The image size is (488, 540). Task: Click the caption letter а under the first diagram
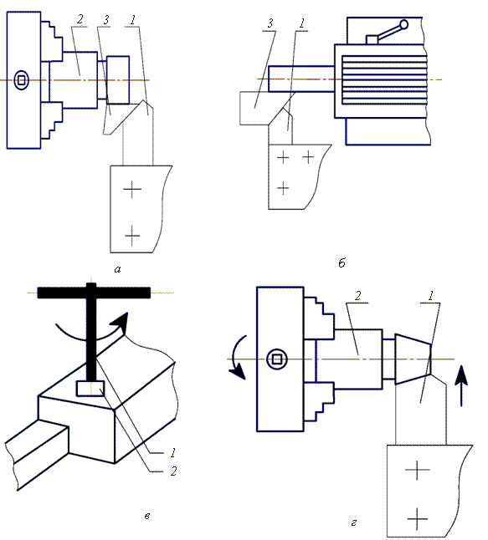click(x=117, y=269)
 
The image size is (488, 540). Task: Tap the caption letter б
click(x=342, y=263)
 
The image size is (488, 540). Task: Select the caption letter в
click(x=147, y=516)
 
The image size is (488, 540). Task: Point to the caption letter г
click(x=353, y=522)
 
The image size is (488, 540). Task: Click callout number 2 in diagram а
click(x=80, y=19)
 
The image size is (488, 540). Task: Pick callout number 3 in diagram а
click(x=106, y=20)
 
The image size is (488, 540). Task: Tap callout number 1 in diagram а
click(x=133, y=20)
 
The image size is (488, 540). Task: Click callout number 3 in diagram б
click(x=270, y=23)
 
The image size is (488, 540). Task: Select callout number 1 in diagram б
click(x=302, y=23)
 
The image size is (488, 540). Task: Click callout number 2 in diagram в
click(x=173, y=471)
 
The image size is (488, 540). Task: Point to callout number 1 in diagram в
click(x=173, y=453)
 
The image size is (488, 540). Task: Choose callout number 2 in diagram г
click(x=357, y=295)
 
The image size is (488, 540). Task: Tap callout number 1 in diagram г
click(x=430, y=295)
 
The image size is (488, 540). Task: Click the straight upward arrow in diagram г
click(x=461, y=385)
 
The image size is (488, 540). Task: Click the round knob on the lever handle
click(x=403, y=25)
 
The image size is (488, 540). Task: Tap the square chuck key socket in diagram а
click(x=22, y=80)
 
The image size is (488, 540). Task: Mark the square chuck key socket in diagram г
click(x=277, y=359)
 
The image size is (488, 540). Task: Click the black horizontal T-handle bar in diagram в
click(x=94, y=293)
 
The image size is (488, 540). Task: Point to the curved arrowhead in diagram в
click(x=121, y=322)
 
